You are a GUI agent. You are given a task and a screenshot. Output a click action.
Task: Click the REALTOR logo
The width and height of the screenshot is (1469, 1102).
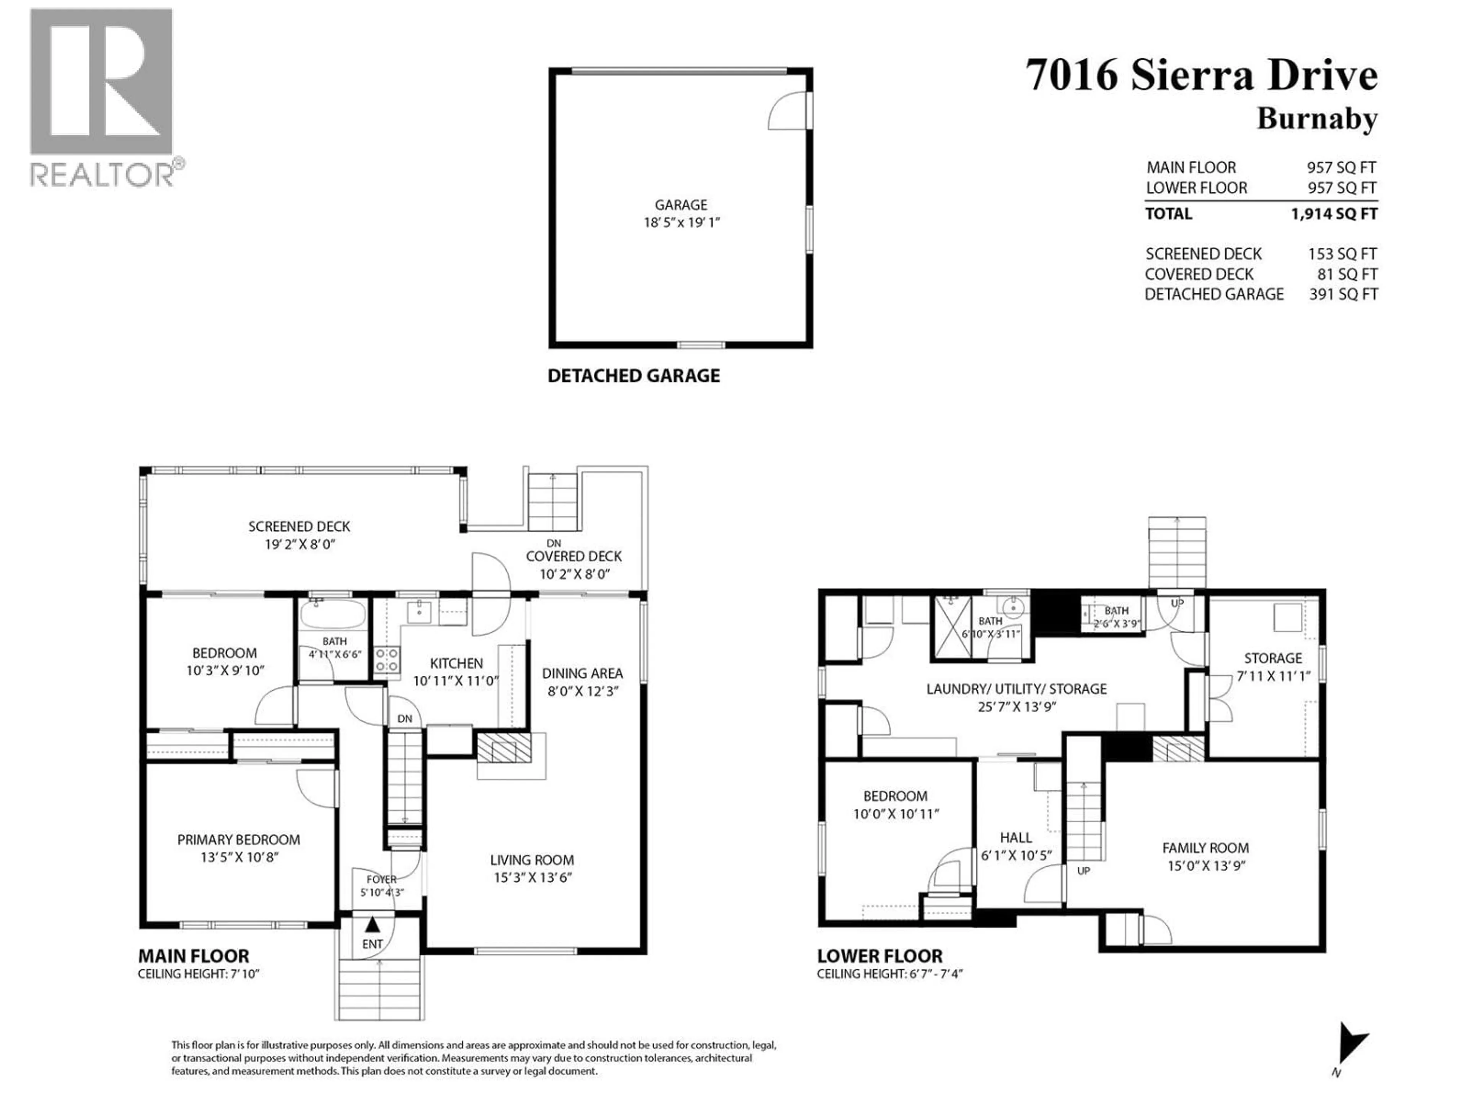pos(103,96)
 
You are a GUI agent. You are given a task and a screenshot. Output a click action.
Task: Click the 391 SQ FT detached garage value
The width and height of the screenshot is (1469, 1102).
pos(1343,294)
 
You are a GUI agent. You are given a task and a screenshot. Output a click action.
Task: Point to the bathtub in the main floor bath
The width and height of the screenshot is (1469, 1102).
pos(332,615)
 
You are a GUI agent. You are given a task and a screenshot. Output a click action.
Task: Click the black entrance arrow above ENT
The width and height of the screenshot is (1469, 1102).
pos(373,924)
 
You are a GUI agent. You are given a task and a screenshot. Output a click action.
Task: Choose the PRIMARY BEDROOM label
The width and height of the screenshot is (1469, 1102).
pos(238,840)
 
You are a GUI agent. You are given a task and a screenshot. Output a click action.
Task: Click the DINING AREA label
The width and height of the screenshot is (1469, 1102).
pos(582,673)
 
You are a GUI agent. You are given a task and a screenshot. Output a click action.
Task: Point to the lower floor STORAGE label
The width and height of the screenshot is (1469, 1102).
pos(1272,658)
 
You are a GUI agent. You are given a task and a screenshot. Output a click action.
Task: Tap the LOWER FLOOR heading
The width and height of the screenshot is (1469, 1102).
pos(879,956)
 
